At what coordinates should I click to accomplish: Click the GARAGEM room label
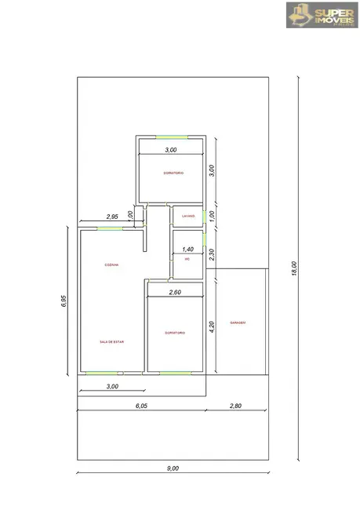point(238,322)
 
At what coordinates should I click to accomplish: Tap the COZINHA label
point(111,265)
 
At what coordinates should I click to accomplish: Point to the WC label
point(187,259)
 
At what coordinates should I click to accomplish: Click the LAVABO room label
point(187,217)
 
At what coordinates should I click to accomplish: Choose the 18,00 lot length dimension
point(294,268)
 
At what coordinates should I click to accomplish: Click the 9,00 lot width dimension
point(173,468)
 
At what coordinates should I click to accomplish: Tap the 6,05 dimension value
point(141,405)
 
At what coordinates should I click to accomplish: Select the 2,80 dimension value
point(235,405)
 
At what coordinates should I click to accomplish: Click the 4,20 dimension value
point(212,326)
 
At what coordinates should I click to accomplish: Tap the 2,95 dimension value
point(112,217)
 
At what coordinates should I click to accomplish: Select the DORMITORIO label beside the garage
point(176,333)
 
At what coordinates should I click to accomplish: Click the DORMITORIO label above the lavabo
point(173,173)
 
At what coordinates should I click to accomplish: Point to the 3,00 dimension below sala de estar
point(111,386)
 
